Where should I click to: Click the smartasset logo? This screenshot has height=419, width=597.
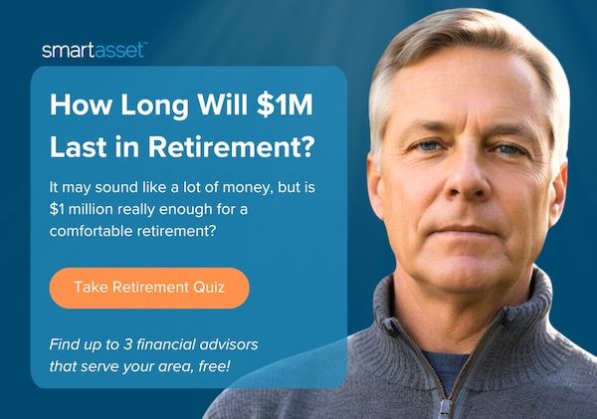pos(95,51)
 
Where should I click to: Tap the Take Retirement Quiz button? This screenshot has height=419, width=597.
pos(149,288)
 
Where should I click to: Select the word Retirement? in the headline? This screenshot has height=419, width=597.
pos(232,146)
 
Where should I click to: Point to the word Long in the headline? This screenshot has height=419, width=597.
pos(154,105)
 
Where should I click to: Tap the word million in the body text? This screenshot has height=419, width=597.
pos(91,209)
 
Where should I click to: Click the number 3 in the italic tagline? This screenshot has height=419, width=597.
pos(127,344)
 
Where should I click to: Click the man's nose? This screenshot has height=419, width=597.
pos(469,179)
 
